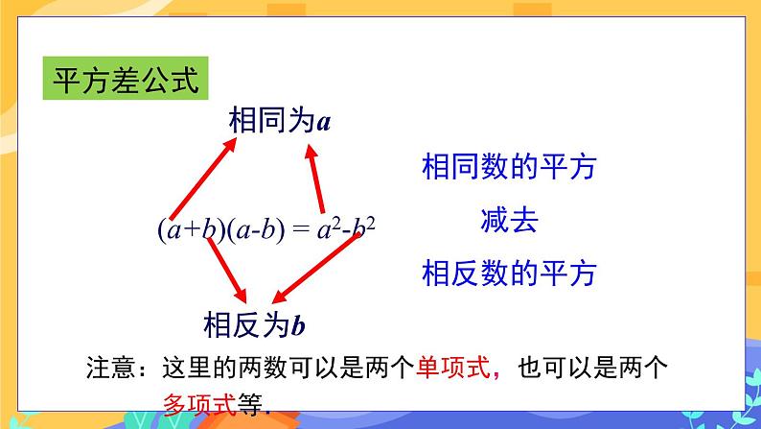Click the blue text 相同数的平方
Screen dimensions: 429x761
pyautogui.click(x=509, y=168)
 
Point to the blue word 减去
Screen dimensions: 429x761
pyautogui.click(x=509, y=222)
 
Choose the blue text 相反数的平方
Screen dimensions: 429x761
pyautogui.click(x=509, y=274)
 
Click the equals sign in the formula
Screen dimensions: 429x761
pyautogui.click(x=299, y=230)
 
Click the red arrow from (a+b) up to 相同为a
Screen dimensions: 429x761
pyautogui.click(x=203, y=178)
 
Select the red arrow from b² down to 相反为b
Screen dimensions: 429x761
pyautogui.click(x=317, y=267)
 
